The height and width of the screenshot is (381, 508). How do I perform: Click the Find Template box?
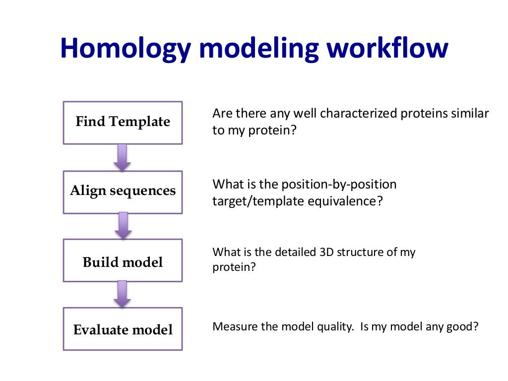(123, 123)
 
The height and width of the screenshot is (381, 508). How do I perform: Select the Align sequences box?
(123, 191)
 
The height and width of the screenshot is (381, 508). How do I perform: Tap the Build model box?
(123, 261)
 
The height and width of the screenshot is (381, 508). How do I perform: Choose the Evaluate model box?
(123, 329)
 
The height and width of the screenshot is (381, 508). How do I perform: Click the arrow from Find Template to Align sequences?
(122, 157)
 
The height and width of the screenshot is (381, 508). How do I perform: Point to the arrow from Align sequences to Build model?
(122, 226)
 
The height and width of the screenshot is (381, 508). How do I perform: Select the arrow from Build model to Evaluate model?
(122, 294)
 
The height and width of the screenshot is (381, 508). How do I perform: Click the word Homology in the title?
(125, 50)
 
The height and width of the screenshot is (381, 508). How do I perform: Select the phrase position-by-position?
(339, 185)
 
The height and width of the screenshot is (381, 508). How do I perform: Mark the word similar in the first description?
(470, 114)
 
